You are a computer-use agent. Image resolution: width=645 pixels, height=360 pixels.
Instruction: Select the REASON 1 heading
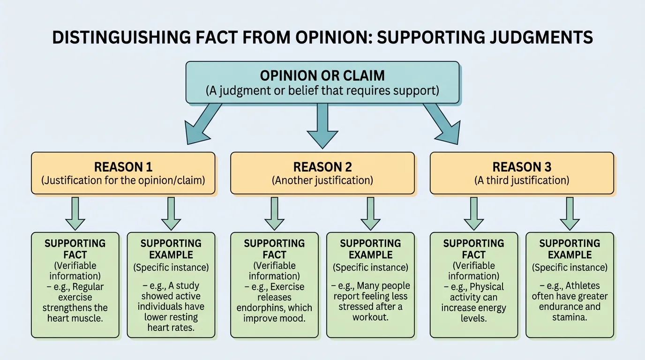tap(123, 167)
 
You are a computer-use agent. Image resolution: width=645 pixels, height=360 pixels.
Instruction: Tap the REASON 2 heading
tap(322, 167)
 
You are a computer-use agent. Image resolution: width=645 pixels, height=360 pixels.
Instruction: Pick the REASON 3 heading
tap(522, 167)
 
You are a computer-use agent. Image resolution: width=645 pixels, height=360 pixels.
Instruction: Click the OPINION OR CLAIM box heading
tap(322, 75)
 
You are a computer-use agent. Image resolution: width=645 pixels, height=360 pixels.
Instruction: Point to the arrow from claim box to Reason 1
tap(202, 125)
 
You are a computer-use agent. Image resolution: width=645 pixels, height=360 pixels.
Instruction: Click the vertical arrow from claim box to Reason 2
tap(322, 125)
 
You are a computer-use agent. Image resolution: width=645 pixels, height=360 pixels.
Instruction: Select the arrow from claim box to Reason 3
tap(442, 125)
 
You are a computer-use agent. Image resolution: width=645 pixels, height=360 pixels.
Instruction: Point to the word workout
tap(370, 318)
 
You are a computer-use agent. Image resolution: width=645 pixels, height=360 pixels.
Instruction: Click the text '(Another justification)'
tap(322, 180)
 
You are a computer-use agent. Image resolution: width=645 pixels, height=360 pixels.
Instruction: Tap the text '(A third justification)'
tap(522, 180)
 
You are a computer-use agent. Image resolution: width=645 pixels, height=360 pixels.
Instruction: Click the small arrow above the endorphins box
tap(274, 213)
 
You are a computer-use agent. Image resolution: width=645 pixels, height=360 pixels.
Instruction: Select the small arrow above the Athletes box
tap(570, 213)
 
